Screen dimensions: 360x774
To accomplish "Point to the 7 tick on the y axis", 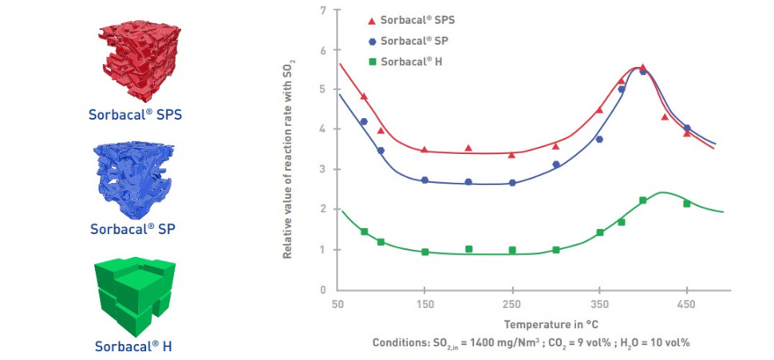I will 322,10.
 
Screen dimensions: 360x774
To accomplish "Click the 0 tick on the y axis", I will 322,291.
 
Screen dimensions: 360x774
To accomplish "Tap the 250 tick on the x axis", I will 512,304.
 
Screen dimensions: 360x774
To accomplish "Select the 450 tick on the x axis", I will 687,304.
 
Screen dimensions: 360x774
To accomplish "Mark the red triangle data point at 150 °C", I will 425,149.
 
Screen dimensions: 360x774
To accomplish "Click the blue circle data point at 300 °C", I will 556,164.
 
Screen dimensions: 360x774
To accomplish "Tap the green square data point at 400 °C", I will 642,200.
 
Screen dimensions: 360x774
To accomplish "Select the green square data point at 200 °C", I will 468,249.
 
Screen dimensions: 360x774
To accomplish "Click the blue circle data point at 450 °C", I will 687,128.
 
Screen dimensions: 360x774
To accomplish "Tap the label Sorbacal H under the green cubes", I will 134,346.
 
